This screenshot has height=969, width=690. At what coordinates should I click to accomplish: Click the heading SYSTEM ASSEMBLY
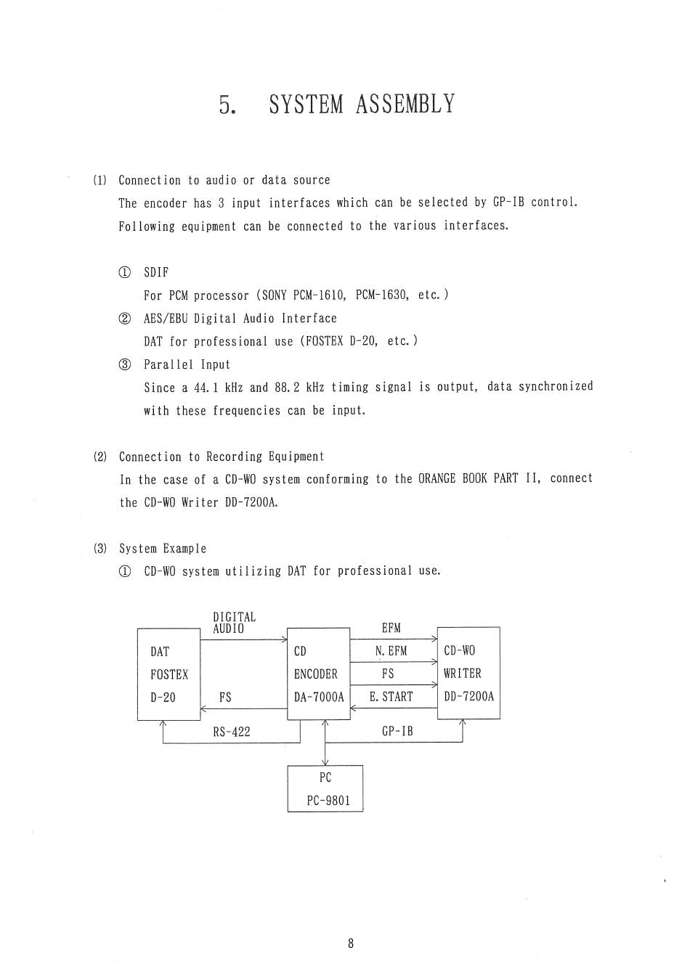(361, 105)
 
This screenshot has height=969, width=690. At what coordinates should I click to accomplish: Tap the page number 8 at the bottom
(351, 944)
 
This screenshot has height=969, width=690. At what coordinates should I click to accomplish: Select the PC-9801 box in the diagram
(325, 789)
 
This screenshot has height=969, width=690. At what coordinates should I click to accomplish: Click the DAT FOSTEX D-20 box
(169, 674)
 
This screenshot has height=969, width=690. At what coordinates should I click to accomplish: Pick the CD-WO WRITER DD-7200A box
(468, 673)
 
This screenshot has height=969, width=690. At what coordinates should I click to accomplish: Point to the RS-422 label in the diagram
(232, 732)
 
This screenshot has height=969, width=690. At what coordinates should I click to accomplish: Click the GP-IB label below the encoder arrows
(397, 732)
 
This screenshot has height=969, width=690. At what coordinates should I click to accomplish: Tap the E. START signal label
(391, 697)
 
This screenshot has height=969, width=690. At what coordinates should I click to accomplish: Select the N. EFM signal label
(391, 651)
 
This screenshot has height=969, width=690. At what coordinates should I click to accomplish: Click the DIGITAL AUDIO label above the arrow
(234, 623)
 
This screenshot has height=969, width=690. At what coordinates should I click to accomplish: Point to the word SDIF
(156, 272)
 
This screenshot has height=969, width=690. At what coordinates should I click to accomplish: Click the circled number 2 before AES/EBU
(125, 319)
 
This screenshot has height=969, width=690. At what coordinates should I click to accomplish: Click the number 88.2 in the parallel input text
(287, 388)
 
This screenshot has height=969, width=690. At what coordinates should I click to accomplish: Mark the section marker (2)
(100, 457)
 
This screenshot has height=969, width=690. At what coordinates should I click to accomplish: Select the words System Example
(163, 549)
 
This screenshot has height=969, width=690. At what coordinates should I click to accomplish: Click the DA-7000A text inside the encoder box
(318, 697)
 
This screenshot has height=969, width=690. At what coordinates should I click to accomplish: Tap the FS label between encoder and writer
(388, 674)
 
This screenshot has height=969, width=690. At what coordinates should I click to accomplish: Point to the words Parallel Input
(187, 364)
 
